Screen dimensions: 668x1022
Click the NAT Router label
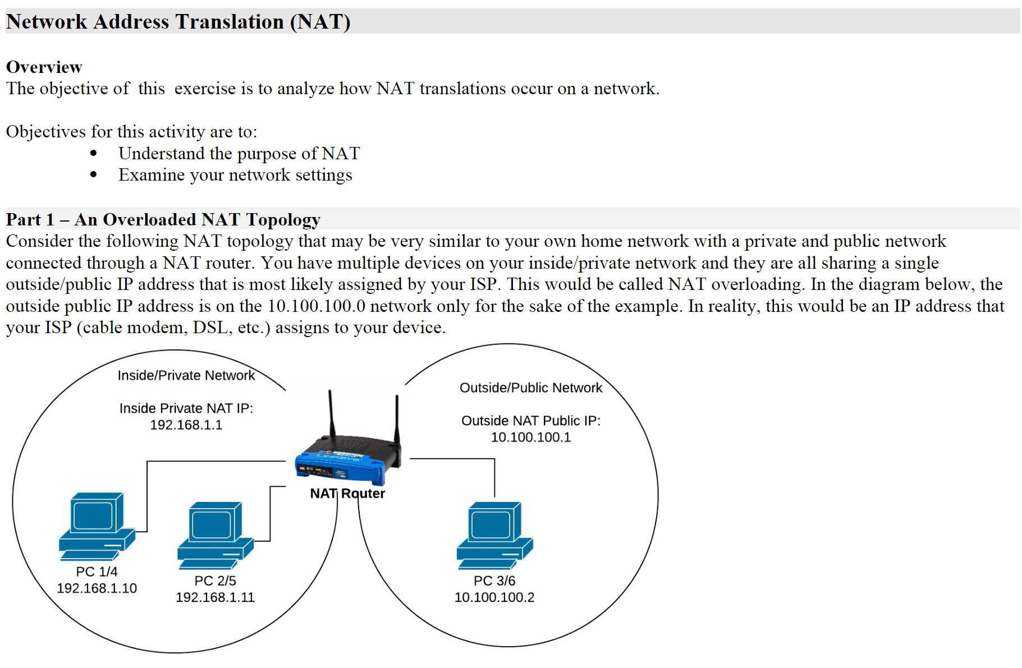pyautogui.click(x=347, y=494)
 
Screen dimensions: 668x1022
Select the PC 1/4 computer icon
pyautogui.click(x=97, y=526)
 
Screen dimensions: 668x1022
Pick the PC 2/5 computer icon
pyautogui.click(x=216, y=535)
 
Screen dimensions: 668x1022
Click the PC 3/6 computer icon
pyautogui.click(x=494, y=535)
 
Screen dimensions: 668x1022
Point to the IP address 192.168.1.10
pyautogui.click(x=97, y=588)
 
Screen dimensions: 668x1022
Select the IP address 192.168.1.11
pyautogui.click(x=215, y=597)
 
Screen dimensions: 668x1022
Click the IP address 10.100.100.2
pyautogui.click(x=494, y=597)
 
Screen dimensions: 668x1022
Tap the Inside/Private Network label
pyautogui.click(x=186, y=375)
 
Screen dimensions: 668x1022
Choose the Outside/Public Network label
pyautogui.click(x=530, y=388)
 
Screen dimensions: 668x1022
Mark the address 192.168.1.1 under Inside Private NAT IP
pyautogui.click(x=186, y=425)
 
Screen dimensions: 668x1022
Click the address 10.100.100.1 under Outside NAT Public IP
pyautogui.click(x=530, y=437)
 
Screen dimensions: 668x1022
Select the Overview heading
pyautogui.click(x=44, y=67)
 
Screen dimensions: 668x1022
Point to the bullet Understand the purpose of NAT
pyautogui.click(x=239, y=153)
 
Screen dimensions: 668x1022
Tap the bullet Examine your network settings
pyautogui.click(x=235, y=175)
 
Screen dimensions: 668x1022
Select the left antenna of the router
pyautogui.click(x=331, y=412)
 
